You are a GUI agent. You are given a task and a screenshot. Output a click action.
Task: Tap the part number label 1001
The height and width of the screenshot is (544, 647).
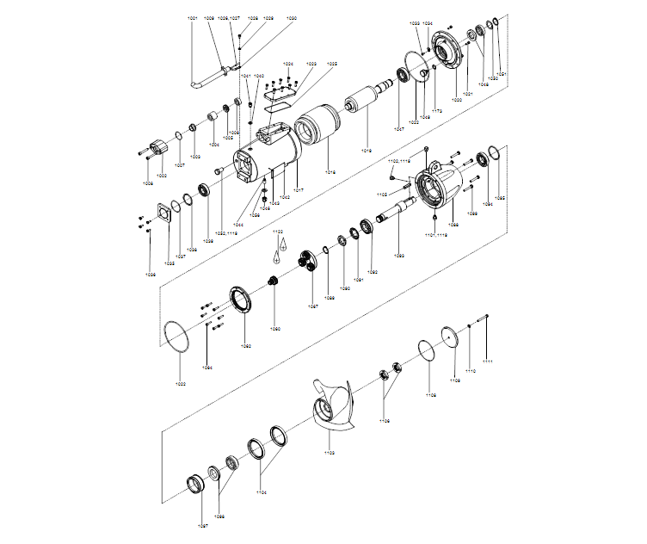[192, 18]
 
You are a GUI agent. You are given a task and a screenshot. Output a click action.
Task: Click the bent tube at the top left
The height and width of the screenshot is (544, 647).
[206, 77]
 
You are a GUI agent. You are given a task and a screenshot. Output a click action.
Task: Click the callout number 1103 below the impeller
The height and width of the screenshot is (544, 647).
[330, 451]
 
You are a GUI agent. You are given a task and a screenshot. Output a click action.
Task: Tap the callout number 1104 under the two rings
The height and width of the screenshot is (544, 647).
[262, 492]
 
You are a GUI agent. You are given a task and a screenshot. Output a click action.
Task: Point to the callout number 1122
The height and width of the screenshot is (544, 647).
[278, 232]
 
